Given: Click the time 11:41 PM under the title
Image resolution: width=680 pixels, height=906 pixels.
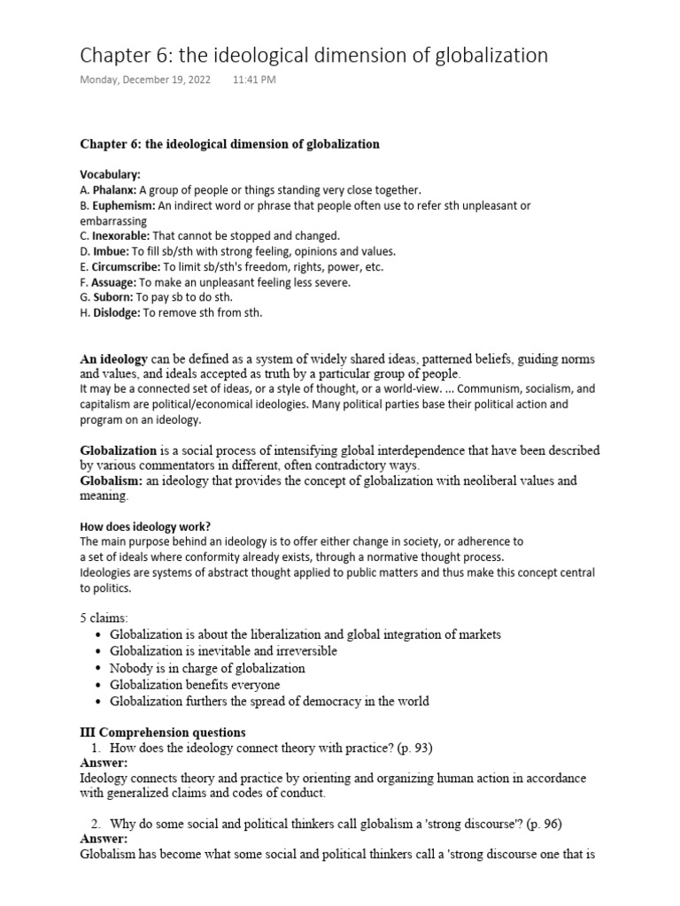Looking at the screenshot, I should pyautogui.click(x=254, y=80).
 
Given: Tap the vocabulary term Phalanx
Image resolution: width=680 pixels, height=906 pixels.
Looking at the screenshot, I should pyautogui.click(x=113, y=190).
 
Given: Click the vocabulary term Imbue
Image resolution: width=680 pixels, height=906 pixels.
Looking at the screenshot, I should pyautogui.click(x=111, y=251).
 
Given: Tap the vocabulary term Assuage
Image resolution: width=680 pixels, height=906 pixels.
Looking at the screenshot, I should pyautogui.click(x=113, y=282).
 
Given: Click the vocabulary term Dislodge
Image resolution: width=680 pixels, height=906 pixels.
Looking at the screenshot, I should pyautogui.click(x=116, y=312).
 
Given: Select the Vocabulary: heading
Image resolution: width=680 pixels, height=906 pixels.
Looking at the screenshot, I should pyautogui.click(x=111, y=175).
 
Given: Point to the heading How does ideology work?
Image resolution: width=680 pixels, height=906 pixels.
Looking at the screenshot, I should pyautogui.click(x=145, y=526).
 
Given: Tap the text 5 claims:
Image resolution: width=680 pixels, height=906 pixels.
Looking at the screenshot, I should pyautogui.click(x=104, y=617).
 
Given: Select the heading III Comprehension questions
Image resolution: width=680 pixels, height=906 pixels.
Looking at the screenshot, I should pyautogui.click(x=163, y=732).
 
